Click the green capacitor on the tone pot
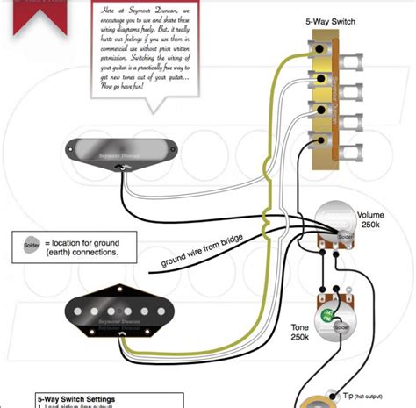(x=326, y=314)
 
